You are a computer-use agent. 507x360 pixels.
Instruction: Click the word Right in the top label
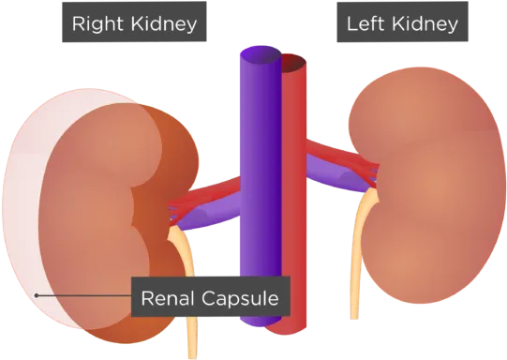click(x=97, y=24)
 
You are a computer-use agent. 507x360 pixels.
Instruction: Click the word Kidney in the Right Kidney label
click(x=164, y=24)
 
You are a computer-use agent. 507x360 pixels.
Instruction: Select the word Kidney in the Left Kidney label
click(x=425, y=24)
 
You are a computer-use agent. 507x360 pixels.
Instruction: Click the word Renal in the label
click(x=168, y=298)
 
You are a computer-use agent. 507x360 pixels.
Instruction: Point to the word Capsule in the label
click(x=240, y=299)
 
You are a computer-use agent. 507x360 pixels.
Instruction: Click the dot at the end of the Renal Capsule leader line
click(x=37, y=295)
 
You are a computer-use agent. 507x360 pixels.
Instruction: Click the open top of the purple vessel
click(x=261, y=53)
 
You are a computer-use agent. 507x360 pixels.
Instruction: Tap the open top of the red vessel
click(x=293, y=62)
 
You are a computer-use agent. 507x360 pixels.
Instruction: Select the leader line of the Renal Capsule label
click(x=84, y=295)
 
